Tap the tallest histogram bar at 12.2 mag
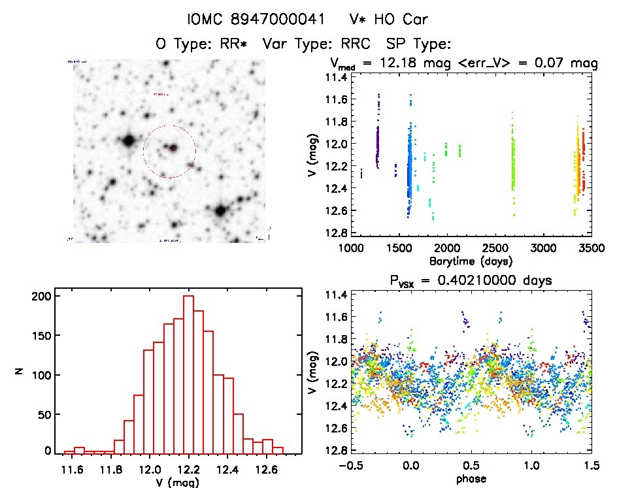[x=189, y=374]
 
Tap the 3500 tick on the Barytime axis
[x=592, y=248]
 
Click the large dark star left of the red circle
[x=128, y=140]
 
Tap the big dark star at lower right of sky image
[x=220, y=210]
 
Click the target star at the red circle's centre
[x=173, y=148]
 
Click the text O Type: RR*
[x=204, y=44]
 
